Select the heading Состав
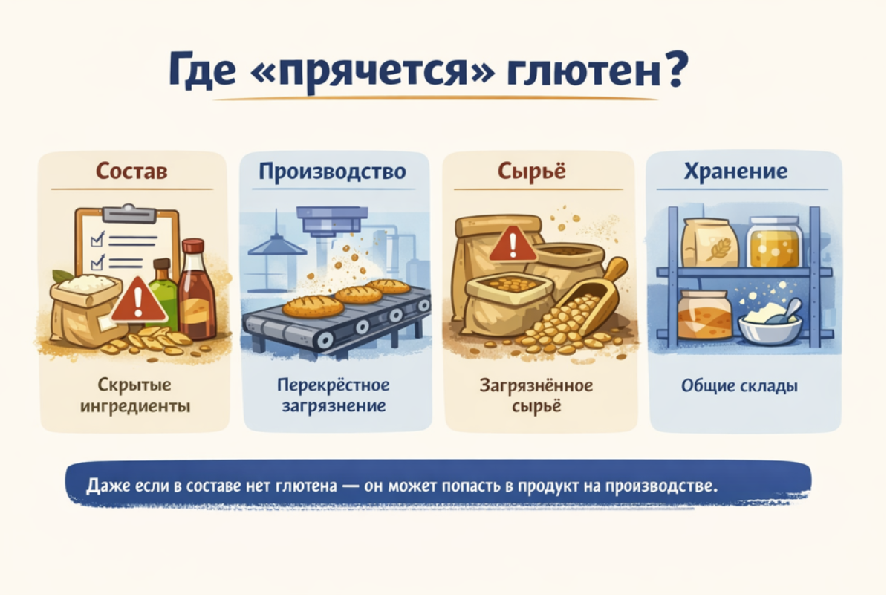pyautogui.click(x=131, y=170)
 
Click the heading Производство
pyautogui.click(x=332, y=172)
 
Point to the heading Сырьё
pyautogui.click(x=531, y=172)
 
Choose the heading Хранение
pyautogui.click(x=735, y=171)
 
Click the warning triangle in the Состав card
pyautogui.click(x=139, y=300)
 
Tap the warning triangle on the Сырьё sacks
pyautogui.click(x=512, y=244)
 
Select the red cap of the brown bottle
pyautogui.click(x=193, y=247)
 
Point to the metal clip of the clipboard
pyautogui.click(x=129, y=214)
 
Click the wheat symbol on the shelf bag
pyautogui.click(x=718, y=247)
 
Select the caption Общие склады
pyautogui.click(x=739, y=386)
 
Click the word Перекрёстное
pyautogui.click(x=334, y=385)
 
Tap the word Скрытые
pyautogui.click(x=134, y=385)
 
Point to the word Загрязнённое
pyautogui.click(x=536, y=385)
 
